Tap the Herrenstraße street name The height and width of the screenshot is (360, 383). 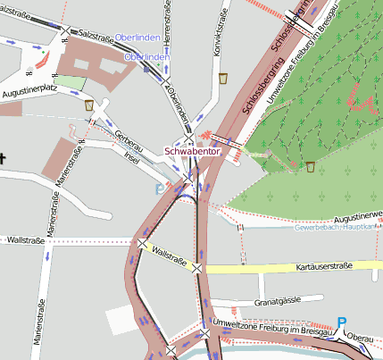click(x=167, y=19)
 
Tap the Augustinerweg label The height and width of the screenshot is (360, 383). click(x=357, y=216)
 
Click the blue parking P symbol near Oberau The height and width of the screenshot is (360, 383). click(x=342, y=322)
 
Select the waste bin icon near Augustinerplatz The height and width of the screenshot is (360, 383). click(x=89, y=105)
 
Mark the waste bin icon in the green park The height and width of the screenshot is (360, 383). click(x=310, y=166)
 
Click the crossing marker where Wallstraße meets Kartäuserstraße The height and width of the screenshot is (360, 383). click(x=196, y=267)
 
